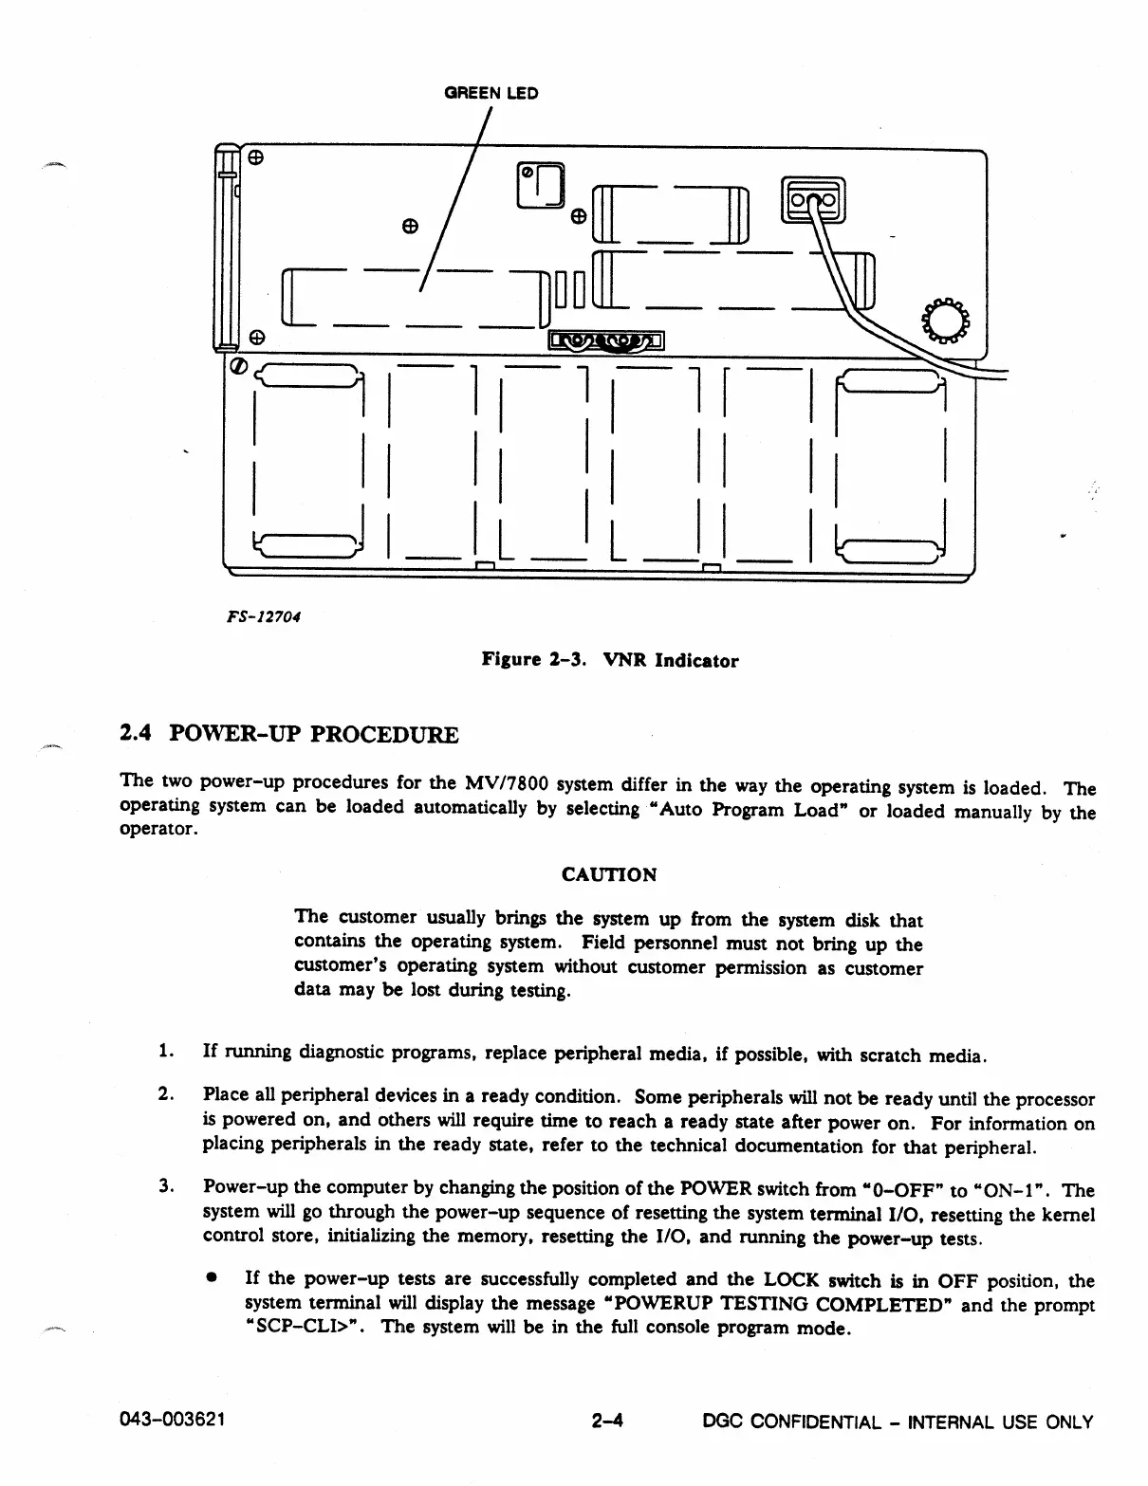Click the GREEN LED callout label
[x=491, y=93]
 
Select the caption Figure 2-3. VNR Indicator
[x=609, y=660]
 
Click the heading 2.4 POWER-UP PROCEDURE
[x=289, y=735]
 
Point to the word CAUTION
[x=609, y=874]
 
